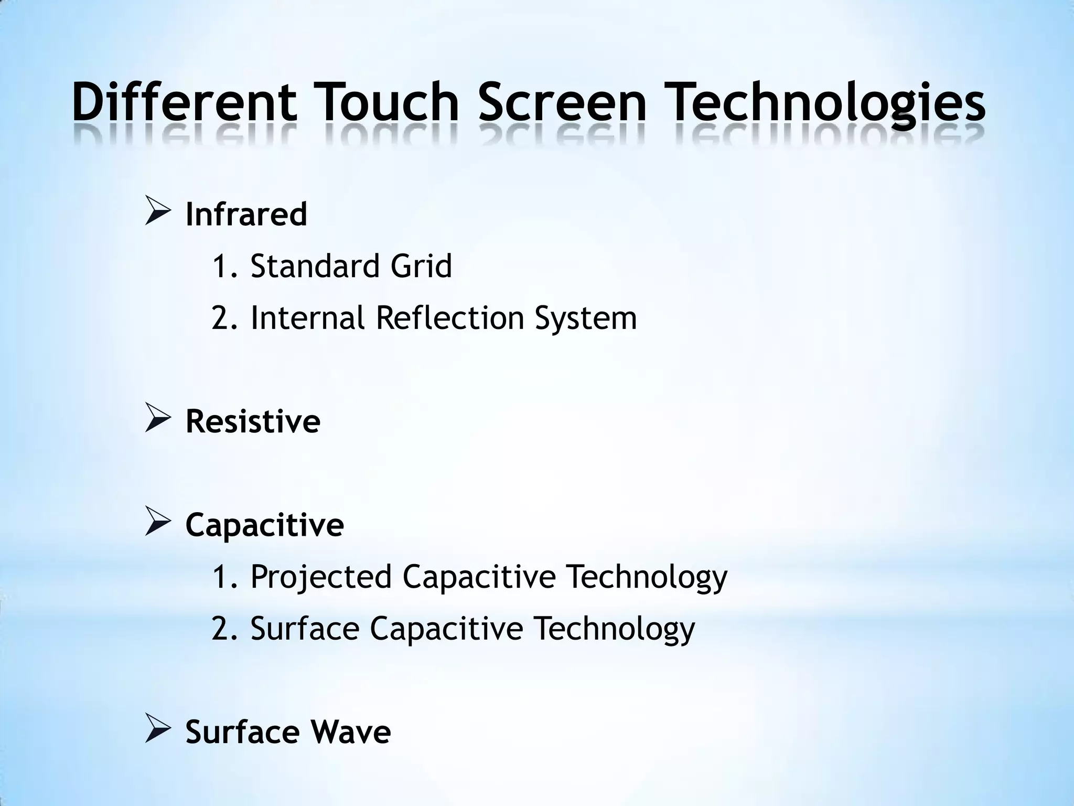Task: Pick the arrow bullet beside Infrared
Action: point(157,213)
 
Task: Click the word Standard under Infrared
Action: point(315,266)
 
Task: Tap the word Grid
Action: point(421,266)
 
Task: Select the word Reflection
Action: point(450,318)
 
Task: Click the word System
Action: point(586,319)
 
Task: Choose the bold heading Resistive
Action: point(253,421)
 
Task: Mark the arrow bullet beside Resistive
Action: point(157,420)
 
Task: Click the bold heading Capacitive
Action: point(264,525)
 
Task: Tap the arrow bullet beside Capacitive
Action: point(157,523)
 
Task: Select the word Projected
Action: point(321,577)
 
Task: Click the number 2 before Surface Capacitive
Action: point(221,629)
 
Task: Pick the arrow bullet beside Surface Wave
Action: point(157,730)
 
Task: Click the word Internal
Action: point(307,318)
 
